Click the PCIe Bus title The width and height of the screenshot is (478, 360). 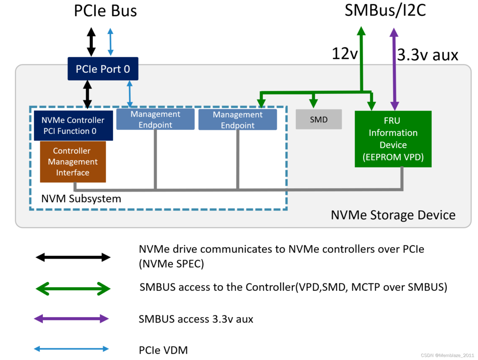105,11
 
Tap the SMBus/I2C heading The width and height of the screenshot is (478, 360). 385,10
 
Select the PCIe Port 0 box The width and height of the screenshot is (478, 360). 103,69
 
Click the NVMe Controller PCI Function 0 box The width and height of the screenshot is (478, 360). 73,126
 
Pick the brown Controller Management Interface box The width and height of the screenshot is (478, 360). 73,162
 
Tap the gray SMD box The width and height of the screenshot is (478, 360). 319,120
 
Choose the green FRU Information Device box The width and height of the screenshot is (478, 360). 393,139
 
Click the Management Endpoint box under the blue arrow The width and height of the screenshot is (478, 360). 155,120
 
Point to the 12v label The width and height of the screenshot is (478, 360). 344,54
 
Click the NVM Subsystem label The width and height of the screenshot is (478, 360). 81,198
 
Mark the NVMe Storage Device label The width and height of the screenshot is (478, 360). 393,215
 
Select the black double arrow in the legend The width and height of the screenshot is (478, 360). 73,257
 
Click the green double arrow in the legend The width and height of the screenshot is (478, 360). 73,289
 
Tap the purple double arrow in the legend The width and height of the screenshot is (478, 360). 71,319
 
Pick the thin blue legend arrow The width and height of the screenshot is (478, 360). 71,349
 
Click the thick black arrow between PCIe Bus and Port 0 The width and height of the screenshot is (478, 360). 91,42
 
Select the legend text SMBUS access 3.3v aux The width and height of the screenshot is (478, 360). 196,319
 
